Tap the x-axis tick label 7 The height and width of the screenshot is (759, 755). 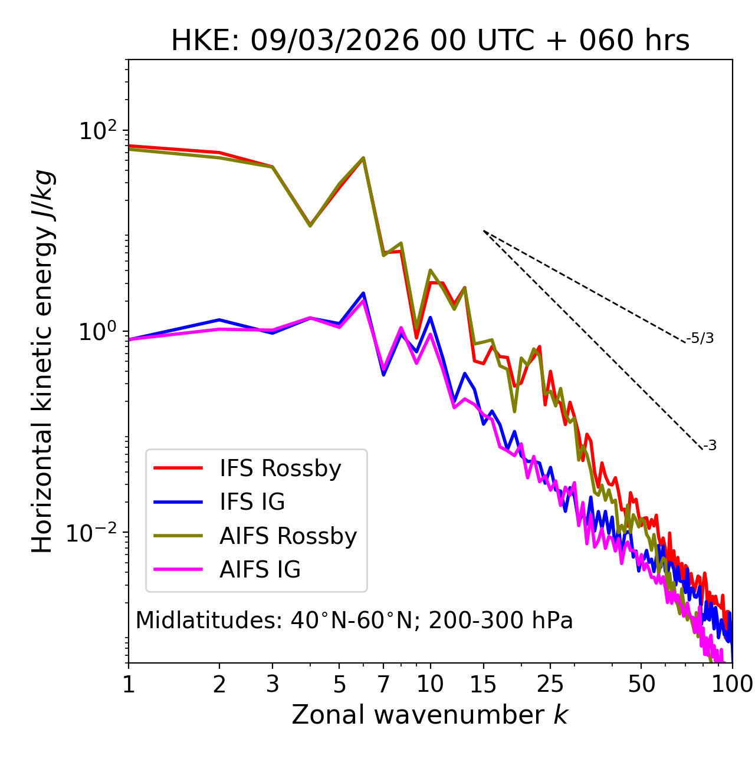(x=383, y=684)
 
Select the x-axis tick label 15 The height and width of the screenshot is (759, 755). (x=484, y=684)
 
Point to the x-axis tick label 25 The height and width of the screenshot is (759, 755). (x=550, y=684)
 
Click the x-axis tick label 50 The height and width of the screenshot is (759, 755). (x=641, y=684)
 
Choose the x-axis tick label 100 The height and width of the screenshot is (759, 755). (x=732, y=684)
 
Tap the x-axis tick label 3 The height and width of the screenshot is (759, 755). (x=273, y=684)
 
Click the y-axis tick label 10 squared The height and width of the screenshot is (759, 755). (x=97, y=131)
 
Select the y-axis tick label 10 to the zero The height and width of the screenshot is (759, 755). (x=97, y=332)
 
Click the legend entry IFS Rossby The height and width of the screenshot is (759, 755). (x=280, y=468)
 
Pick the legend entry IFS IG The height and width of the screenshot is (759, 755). (x=252, y=502)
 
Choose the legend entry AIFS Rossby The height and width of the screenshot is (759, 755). (x=288, y=536)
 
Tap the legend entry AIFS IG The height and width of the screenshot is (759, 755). (x=260, y=570)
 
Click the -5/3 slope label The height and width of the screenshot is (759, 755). (x=700, y=338)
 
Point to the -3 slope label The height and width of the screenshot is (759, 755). (x=710, y=445)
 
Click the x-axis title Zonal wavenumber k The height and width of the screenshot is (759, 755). (x=430, y=715)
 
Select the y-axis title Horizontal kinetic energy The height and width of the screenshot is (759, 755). (x=42, y=361)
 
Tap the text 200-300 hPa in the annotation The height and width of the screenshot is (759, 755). (x=501, y=621)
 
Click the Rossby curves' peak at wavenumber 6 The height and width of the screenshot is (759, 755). (x=363, y=158)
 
